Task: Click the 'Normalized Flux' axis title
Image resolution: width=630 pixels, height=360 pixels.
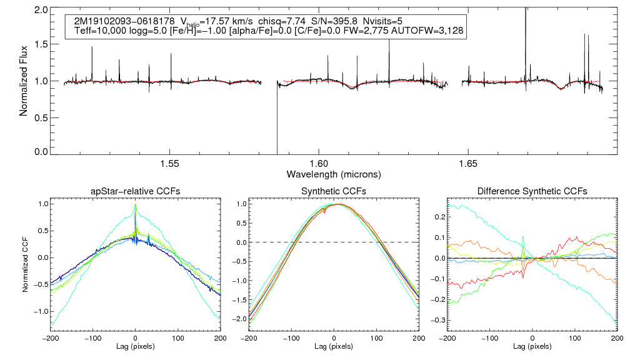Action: (24, 81)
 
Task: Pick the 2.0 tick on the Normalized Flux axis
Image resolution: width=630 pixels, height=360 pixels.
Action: (41, 11)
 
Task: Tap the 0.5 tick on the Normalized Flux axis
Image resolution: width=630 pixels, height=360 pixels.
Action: (41, 117)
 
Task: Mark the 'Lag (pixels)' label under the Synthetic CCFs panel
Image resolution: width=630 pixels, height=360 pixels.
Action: (334, 346)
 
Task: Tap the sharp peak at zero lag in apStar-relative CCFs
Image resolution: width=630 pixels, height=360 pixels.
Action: (135, 205)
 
